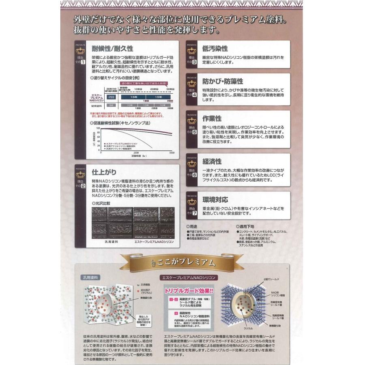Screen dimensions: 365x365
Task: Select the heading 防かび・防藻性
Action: [x=223, y=81]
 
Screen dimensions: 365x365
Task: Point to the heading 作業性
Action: [x=212, y=119]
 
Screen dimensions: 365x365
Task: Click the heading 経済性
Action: [x=212, y=161]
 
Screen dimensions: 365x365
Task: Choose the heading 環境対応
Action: [x=215, y=200]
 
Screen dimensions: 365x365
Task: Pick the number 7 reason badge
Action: [x=195, y=213]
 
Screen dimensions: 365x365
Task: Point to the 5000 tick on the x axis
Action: [x=171, y=153]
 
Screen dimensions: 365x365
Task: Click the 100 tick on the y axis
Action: [x=98, y=128]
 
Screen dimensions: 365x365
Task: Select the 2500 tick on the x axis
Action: [x=136, y=153]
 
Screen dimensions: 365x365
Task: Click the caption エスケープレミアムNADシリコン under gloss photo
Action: [x=154, y=241]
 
